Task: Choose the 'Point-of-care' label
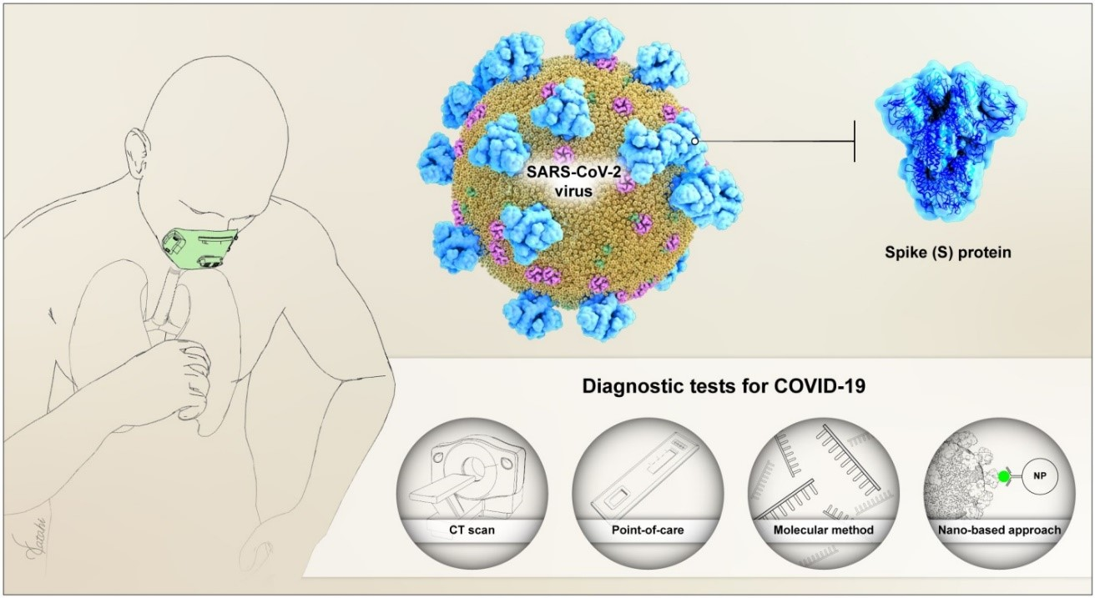[637, 529]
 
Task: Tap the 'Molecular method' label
[812, 529]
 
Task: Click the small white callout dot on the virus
[694, 141]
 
